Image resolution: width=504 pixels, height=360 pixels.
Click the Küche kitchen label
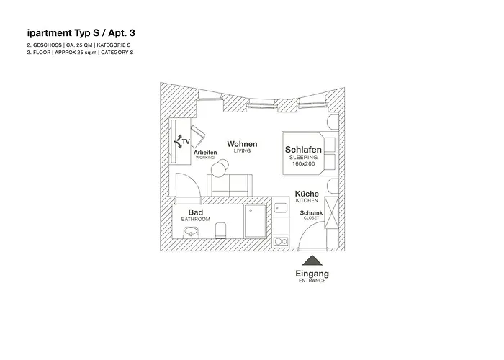(307, 194)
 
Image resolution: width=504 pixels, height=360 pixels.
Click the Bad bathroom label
(195, 212)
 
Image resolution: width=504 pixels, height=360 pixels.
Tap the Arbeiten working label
(205, 153)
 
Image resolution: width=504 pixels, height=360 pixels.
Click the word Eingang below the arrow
(312, 274)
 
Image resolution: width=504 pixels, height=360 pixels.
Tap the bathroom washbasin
(191, 232)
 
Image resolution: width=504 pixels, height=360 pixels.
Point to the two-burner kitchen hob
(281, 240)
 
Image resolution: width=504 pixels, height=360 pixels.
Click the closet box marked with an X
(332, 212)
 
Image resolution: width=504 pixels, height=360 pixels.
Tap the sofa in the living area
(230, 184)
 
